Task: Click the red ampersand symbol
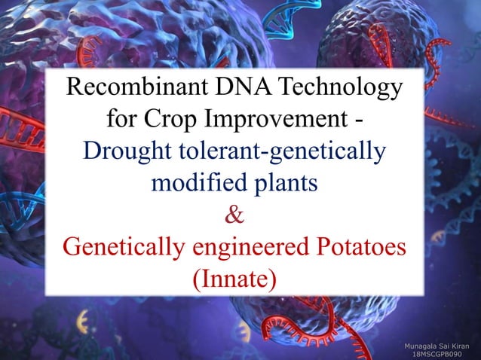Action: [234, 214]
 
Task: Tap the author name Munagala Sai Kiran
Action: [437, 343]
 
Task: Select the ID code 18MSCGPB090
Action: [437, 353]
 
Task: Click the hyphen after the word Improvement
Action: [357, 121]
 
